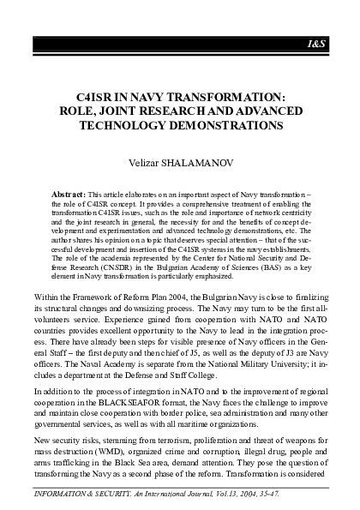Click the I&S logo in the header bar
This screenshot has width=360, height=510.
tap(338, 43)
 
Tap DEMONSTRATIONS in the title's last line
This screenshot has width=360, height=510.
tap(226, 124)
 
